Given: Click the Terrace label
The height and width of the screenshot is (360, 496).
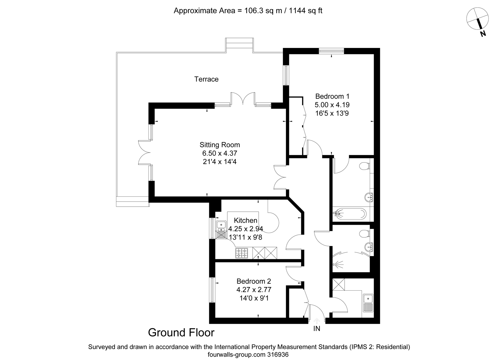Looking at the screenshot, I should tap(206, 79).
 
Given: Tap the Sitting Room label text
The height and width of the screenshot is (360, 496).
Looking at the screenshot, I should tap(220, 145).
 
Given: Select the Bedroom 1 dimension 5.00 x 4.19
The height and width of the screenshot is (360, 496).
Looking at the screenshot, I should tap(332, 105).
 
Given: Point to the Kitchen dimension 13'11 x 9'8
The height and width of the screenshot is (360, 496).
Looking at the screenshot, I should tap(246, 237).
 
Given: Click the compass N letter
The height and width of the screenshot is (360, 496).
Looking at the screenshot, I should tap(483, 33).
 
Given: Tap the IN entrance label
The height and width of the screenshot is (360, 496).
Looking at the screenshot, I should tap(317, 329).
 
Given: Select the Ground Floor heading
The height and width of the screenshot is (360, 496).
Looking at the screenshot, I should tap(181, 332).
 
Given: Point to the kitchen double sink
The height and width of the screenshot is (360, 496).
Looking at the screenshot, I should tap(221, 230).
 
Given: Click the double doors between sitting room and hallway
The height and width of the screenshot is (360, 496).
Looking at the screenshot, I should tap(280, 177).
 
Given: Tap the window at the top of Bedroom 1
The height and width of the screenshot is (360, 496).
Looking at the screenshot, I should tap(331, 51).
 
